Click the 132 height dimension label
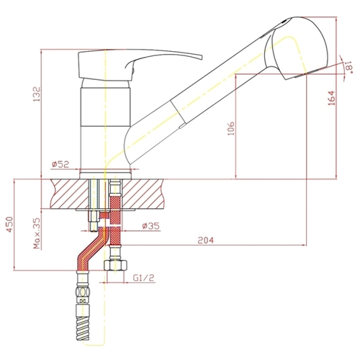(x=37, y=94)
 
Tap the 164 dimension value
(x=331, y=98)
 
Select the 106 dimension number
(x=231, y=129)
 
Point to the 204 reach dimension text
(x=205, y=240)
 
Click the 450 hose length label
(x=9, y=225)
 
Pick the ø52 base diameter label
(x=60, y=164)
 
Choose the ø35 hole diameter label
(x=150, y=226)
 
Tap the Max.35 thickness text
(x=37, y=233)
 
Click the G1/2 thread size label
(x=143, y=278)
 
